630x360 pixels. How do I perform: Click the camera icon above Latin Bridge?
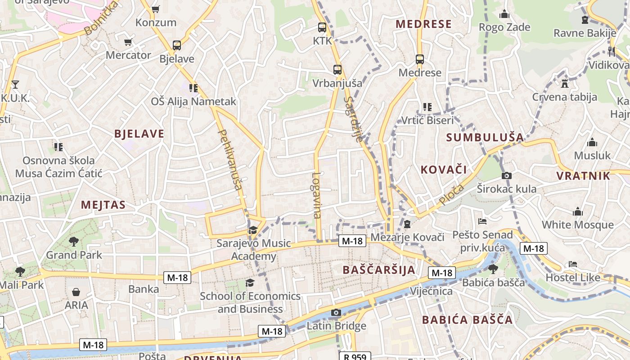point(336,312)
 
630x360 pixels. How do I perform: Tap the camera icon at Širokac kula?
point(506,175)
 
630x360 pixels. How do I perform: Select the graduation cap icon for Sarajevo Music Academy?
point(253,230)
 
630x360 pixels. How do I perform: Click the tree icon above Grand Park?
point(74,242)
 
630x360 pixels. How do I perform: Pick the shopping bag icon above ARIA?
point(76,292)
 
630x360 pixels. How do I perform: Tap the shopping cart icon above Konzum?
point(156,9)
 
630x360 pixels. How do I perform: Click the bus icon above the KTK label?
point(322,27)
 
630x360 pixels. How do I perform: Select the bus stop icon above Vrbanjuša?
point(337,70)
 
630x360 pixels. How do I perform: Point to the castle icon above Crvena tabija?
point(564,83)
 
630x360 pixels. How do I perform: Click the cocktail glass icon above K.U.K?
point(15,84)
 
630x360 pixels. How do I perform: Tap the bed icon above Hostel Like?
point(572,264)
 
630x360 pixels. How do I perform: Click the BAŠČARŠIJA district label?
point(379,270)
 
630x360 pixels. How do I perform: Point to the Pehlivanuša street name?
point(230,159)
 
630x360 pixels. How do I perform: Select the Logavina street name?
point(317,195)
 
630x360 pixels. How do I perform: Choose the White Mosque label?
point(577,225)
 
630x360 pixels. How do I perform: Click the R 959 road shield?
point(355,356)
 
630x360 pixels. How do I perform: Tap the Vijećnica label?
point(431,291)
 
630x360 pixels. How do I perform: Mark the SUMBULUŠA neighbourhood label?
point(485,137)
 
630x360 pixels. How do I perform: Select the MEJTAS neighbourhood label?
point(103,205)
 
